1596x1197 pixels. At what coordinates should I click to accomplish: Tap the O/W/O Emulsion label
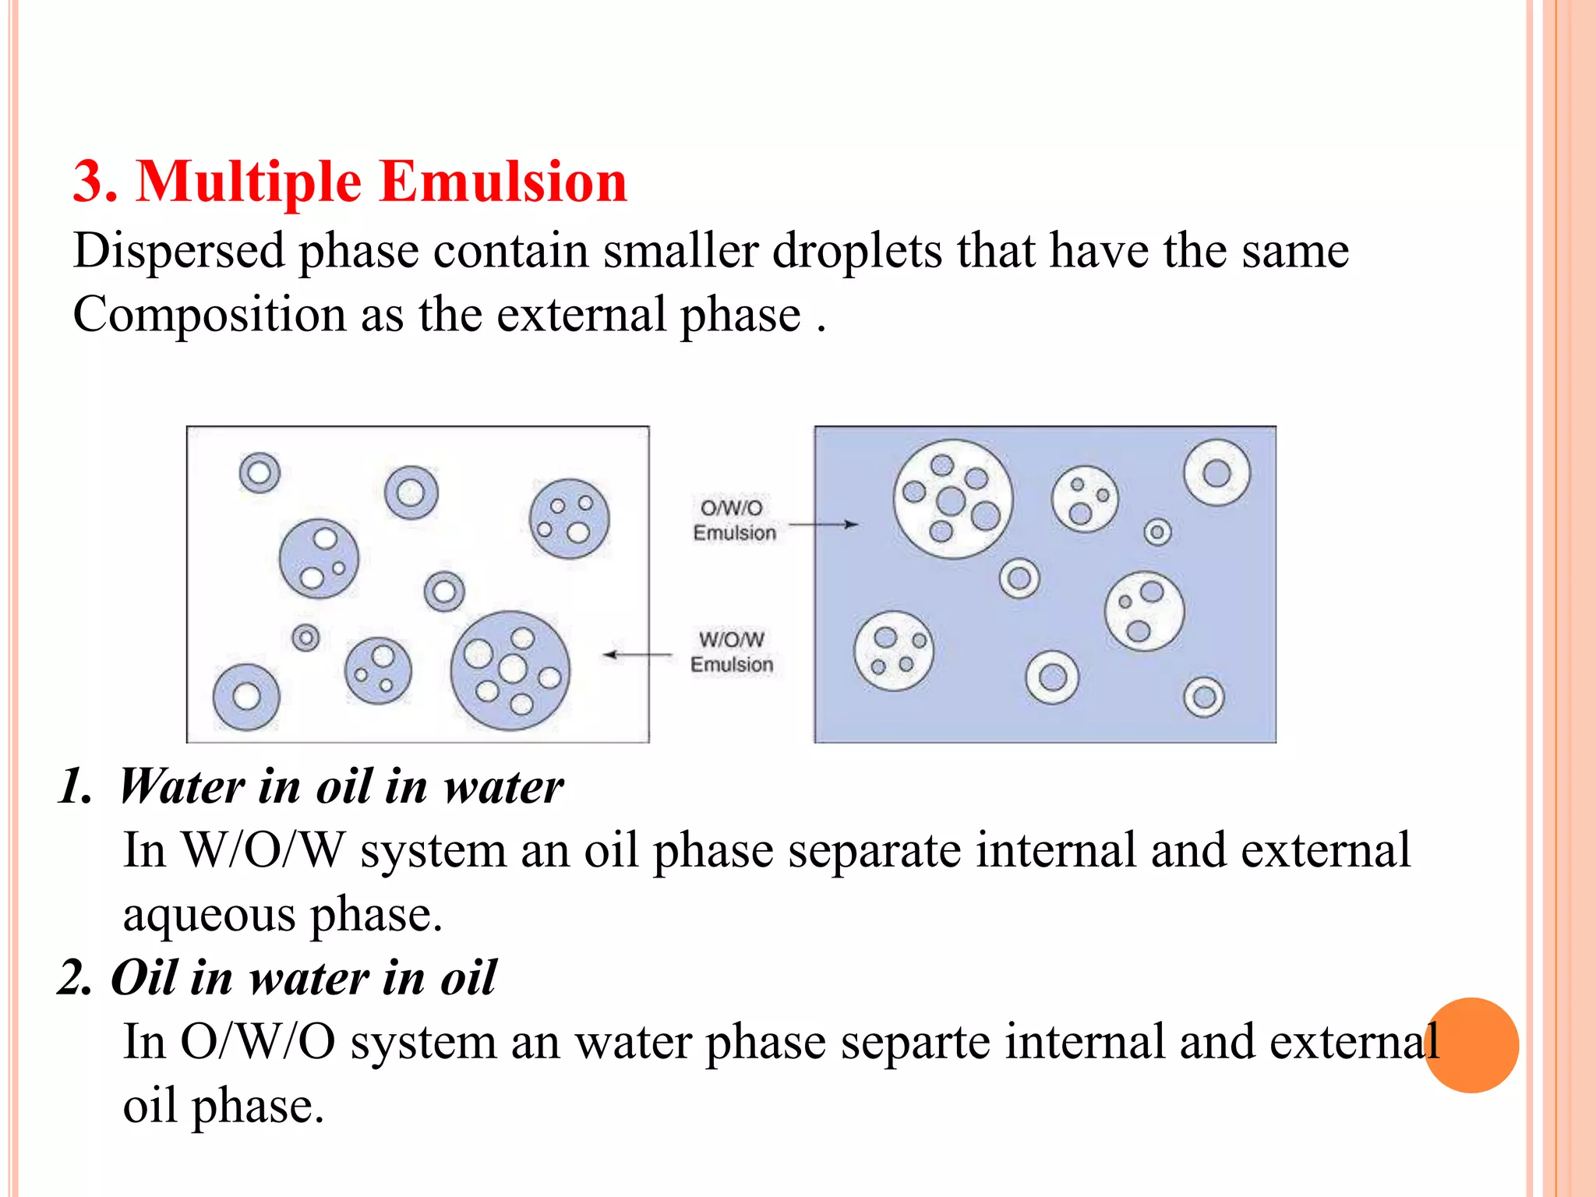733,521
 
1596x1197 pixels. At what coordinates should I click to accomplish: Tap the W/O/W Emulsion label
732,652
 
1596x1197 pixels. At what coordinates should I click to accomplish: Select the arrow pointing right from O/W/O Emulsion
824,524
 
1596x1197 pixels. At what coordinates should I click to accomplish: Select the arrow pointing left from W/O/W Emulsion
638,655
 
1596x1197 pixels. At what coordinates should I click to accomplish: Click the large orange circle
1471,1045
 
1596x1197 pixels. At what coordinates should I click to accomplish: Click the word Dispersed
179,251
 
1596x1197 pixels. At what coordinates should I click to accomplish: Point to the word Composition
209,315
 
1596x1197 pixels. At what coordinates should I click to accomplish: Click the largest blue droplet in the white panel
510,670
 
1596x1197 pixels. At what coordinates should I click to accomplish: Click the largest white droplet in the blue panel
952,500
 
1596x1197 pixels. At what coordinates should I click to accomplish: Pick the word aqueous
209,915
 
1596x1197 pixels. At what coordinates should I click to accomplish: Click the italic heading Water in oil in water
341,786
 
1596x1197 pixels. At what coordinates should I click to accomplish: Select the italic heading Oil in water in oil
303,978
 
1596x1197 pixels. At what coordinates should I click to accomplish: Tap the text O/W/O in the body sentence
258,1042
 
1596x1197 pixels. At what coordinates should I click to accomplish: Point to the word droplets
856,251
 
